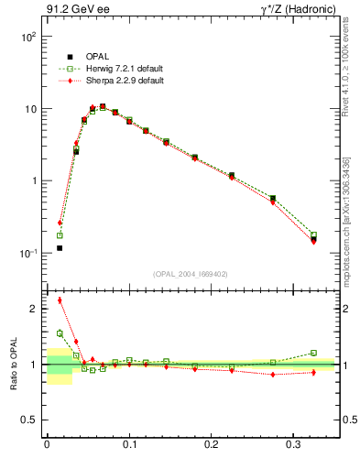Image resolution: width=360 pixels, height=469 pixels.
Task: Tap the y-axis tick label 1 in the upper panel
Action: pyautogui.click(x=33, y=181)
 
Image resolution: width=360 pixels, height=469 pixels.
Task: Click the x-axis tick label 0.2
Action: pyautogui.click(x=211, y=445)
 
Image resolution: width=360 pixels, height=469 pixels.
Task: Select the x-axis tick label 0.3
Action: pyautogui.click(x=294, y=445)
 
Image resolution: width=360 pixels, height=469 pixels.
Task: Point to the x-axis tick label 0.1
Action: pyautogui.click(x=129, y=445)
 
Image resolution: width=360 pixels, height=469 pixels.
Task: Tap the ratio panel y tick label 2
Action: pyautogui.click(x=34, y=309)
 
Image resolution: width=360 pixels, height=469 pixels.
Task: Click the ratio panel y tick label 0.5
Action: pyautogui.click(x=29, y=420)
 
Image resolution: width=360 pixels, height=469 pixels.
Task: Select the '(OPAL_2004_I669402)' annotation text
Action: pyautogui.click(x=191, y=273)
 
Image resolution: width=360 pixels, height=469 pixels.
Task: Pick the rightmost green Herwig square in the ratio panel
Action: pyautogui.click(x=313, y=353)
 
